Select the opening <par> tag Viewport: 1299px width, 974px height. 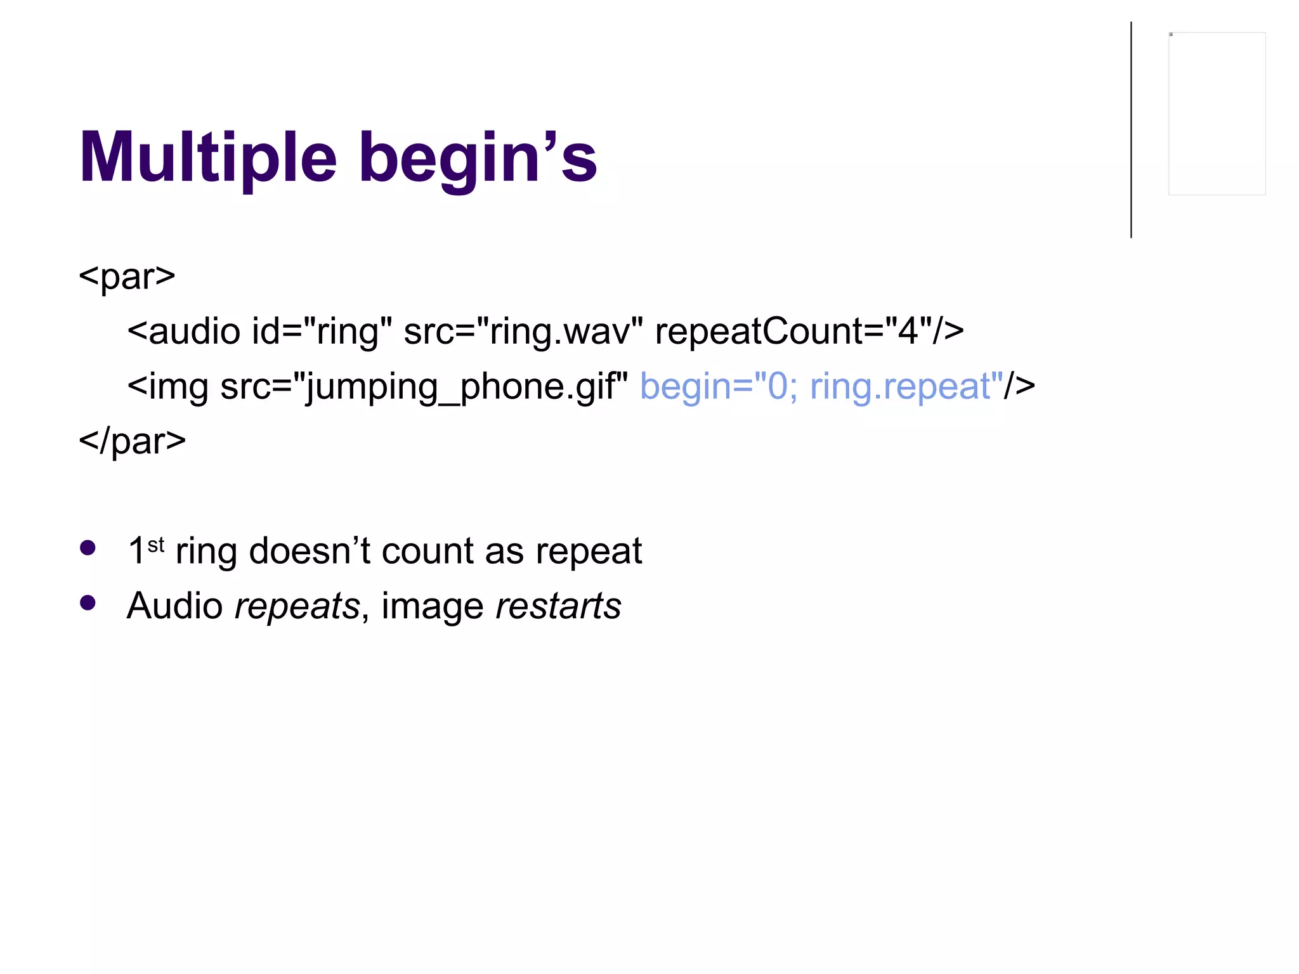click(x=127, y=276)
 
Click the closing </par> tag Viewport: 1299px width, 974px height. click(x=132, y=441)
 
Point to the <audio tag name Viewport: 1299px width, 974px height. click(x=184, y=332)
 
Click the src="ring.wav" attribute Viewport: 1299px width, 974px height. click(x=523, y=332)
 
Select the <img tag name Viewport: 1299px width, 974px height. click(x=167, y=386)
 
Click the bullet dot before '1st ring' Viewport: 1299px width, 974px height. click(x=88, y=548)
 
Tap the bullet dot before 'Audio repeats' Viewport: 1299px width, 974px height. click(x=88, y=602)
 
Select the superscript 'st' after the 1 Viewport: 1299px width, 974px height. click(x=156, y=544)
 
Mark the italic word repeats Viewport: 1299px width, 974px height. click(x=297, y=606)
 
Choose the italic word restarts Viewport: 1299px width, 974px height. click(x=558, y=606)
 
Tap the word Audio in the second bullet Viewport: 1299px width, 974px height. click(x=174, y=606)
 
